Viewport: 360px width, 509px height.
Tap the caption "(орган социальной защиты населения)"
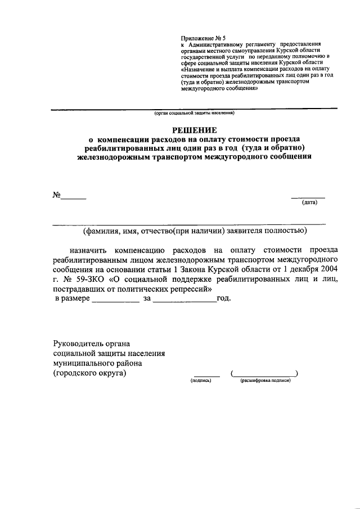pos(194,113)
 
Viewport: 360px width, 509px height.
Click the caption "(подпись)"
pos(201,381)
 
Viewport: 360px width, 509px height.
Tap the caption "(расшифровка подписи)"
pos(265,381)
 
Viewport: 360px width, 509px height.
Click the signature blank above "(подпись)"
pos(206,375)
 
